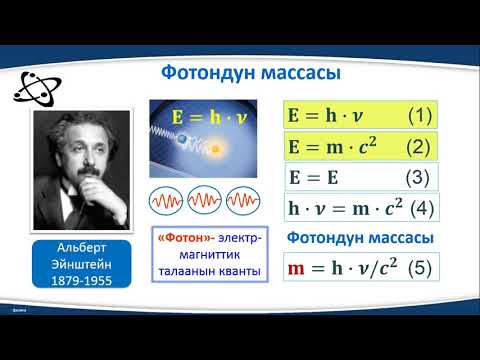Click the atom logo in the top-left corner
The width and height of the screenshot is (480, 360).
click(34, 85)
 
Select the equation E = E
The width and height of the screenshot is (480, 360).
click(315, 178)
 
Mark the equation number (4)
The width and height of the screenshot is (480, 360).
click(422, 209)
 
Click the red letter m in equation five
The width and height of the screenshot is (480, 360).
click(296, 270)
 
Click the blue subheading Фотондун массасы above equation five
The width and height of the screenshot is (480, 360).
click(359, 239)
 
